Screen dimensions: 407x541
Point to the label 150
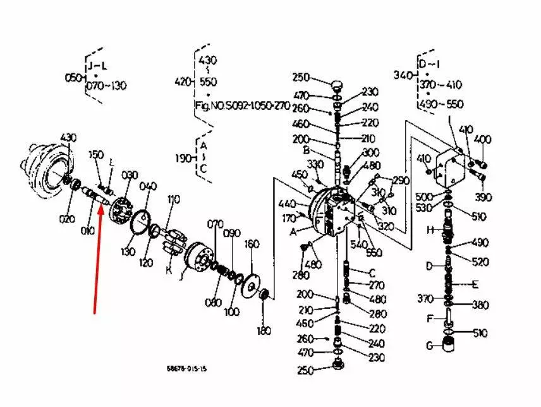pos(95,155)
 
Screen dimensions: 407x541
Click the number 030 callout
pos(130,174)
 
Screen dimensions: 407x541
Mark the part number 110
pos(173,200)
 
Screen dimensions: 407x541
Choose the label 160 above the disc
pos(252,244)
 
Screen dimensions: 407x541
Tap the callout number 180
pos(264,331)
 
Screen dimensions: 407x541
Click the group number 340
pos(403,75)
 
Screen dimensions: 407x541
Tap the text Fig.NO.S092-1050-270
pos(243,106)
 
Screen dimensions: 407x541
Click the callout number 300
pos(370,153)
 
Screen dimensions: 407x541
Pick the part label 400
pos(483,139)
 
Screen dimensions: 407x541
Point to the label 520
pos(480,262)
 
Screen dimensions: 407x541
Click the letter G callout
pos(429,346)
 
